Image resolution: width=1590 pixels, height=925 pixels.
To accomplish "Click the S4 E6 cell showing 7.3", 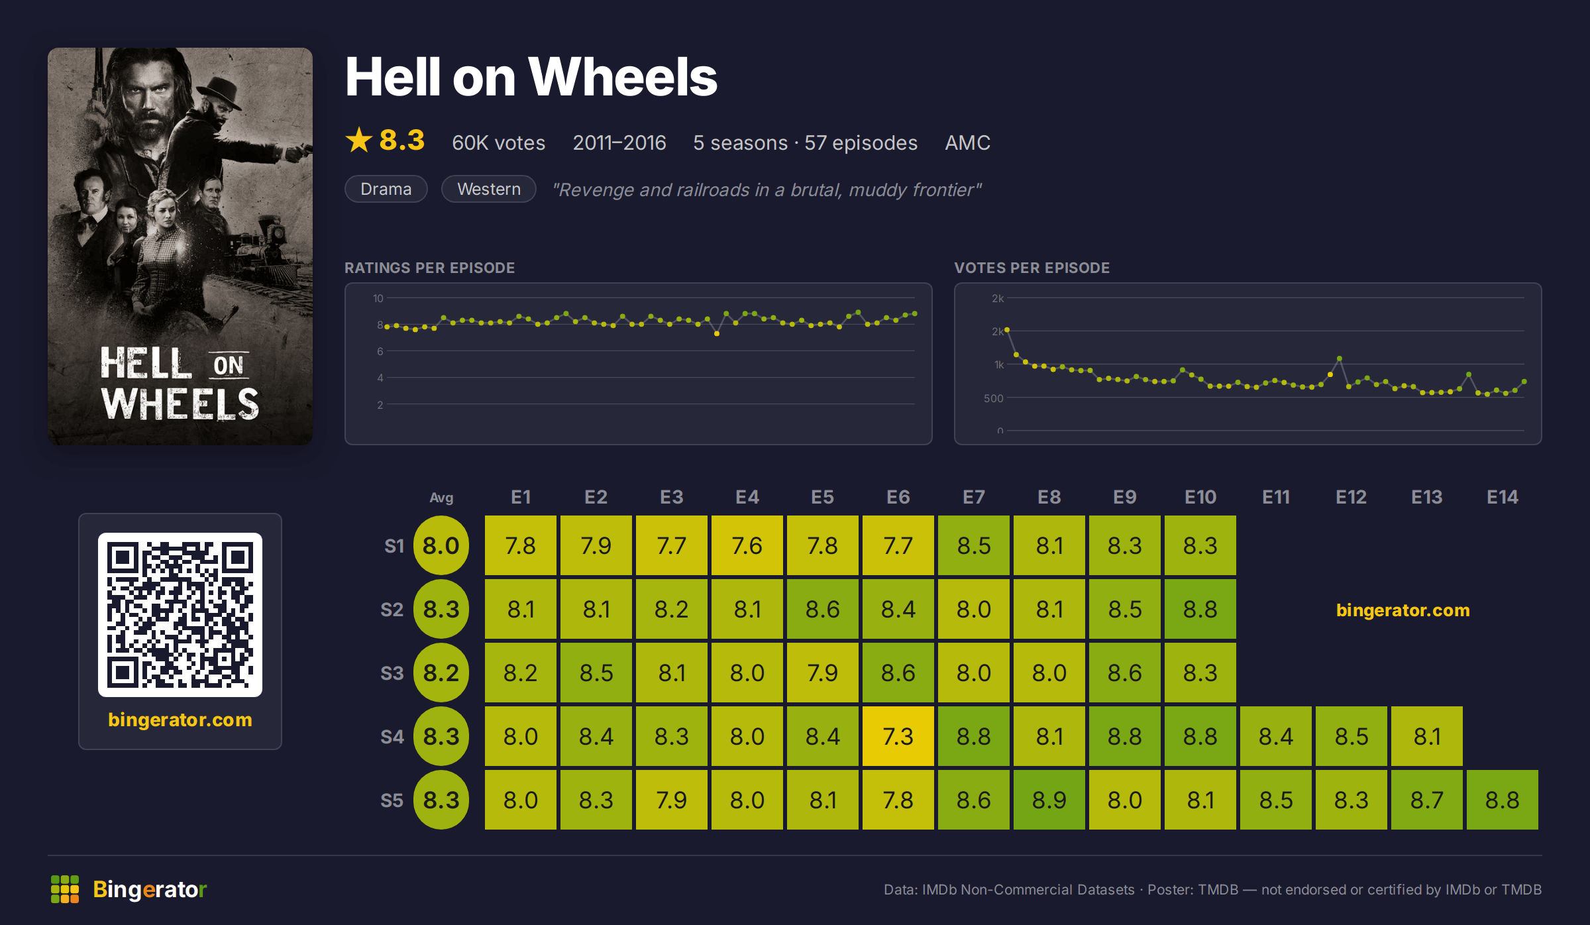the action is pyautogui.click(x=898, y=736).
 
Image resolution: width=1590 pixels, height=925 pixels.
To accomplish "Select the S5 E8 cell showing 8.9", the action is pyautogui.click(x=1049, y=800).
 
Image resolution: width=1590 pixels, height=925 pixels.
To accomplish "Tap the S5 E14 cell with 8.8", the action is pyautogui.click(x=1502, y=800).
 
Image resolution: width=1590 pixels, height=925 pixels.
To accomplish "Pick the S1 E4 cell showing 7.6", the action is pyautogui.click(x=747, y=545).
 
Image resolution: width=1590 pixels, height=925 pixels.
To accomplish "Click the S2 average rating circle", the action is pyautogui.click(x=441, y=609).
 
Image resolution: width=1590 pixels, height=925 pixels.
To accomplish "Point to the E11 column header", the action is pyautogui.click(x=1275, y=497).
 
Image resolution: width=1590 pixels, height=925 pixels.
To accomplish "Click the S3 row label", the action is pyautogui.click(x=392, y=673).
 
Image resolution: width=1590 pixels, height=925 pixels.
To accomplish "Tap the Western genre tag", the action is pyautogui.click(x=489, y=189).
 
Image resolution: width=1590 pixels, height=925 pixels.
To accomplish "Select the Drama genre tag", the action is pyautogui.click(x=386, y=189).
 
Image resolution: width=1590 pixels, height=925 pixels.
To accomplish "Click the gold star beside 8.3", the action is pyautogui.click(x=359, y=140).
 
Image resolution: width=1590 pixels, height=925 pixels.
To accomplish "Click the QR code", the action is pyautogui.click(x=180, y=614).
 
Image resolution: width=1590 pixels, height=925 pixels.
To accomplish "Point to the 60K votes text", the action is pyautogui.click(x=498, y=142).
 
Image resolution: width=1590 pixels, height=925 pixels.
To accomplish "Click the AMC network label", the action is pyautogui.click(x=967, y=142).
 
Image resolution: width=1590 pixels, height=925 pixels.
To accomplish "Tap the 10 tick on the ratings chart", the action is pyautogui.click(x=378, y=298).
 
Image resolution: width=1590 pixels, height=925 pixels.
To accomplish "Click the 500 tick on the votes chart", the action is pyautogui.click(x=994, y=398).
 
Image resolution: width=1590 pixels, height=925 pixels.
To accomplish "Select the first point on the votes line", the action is pyautogui.click(x=1007, y=329).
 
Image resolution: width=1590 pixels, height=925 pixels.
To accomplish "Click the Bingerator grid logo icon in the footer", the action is pyautogui.click(x=65, y=889).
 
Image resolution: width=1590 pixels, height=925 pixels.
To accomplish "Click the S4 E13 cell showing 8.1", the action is pyautogui.click(x=1426, y=736).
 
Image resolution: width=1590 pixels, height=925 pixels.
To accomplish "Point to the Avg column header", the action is pyautogui.click(x=441, y=498).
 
